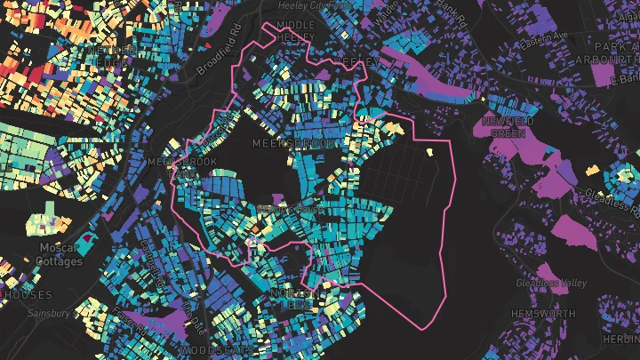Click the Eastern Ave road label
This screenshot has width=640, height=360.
(x=544, y=42)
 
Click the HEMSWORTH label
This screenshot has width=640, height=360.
(x=542, y=314)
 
